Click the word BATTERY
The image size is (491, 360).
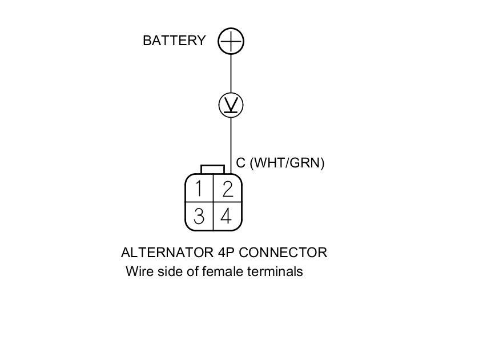coord(174,41)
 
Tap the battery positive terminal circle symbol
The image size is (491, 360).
coord(231,41)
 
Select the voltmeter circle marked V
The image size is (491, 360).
coord(231,105)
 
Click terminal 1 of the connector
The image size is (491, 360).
coord(199,188)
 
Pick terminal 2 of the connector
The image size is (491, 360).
coord(227,188)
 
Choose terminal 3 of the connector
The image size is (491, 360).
coord(199,216)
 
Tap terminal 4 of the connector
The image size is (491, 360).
coord(227,216)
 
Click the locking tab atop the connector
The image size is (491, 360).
coord(212,169)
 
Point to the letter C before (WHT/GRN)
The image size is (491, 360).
coord(241,163)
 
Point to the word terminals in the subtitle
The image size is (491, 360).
coord(275,271)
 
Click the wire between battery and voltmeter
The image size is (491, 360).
coord(231,74)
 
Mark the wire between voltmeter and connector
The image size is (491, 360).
coord(231,143)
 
